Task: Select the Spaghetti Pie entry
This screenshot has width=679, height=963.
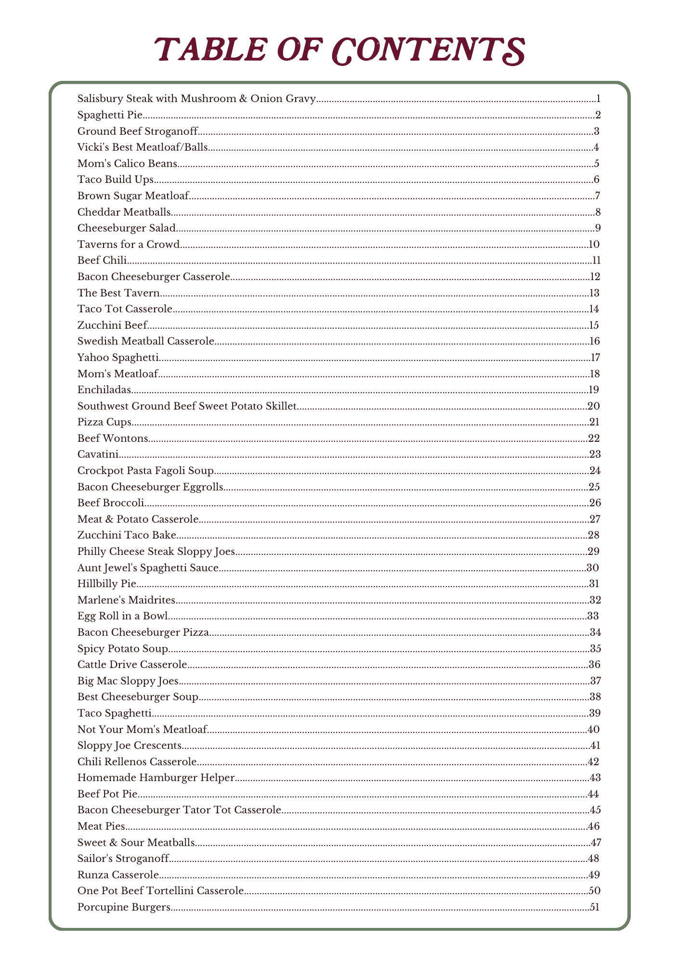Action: [x=110, y=115]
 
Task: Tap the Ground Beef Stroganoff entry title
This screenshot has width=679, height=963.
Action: [x=138, y=131]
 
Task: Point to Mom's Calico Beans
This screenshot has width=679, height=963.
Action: [x=127, y=164]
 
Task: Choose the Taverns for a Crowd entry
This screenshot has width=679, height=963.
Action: [x=129, y=244]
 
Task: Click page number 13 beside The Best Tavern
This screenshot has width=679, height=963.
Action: [x=594, y=293]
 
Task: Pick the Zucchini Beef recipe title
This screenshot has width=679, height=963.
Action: [x=112, y=325]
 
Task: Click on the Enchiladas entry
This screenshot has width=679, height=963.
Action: [x=104, y=390]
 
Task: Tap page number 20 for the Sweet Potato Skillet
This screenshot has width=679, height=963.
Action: [x=593, y=406]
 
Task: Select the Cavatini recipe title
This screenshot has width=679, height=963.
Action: [x=98, y=454]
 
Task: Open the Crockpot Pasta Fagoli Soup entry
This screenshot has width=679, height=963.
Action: [x=145, y=471]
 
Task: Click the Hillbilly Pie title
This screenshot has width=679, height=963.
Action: [x=107, y=584]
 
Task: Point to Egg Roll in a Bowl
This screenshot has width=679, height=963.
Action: [x=122, y=616]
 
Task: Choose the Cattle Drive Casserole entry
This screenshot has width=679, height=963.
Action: [x=132, y=665]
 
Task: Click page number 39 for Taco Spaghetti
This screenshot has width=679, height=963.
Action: [x=594, y=713]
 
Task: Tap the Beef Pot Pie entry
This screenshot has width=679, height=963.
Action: [x=107, y=794]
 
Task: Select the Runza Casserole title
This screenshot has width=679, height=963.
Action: [x=118, y=875]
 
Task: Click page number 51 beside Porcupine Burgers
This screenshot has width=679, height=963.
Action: [x=595, y=907]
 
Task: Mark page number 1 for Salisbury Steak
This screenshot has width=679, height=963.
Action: [x=598, y=99]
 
